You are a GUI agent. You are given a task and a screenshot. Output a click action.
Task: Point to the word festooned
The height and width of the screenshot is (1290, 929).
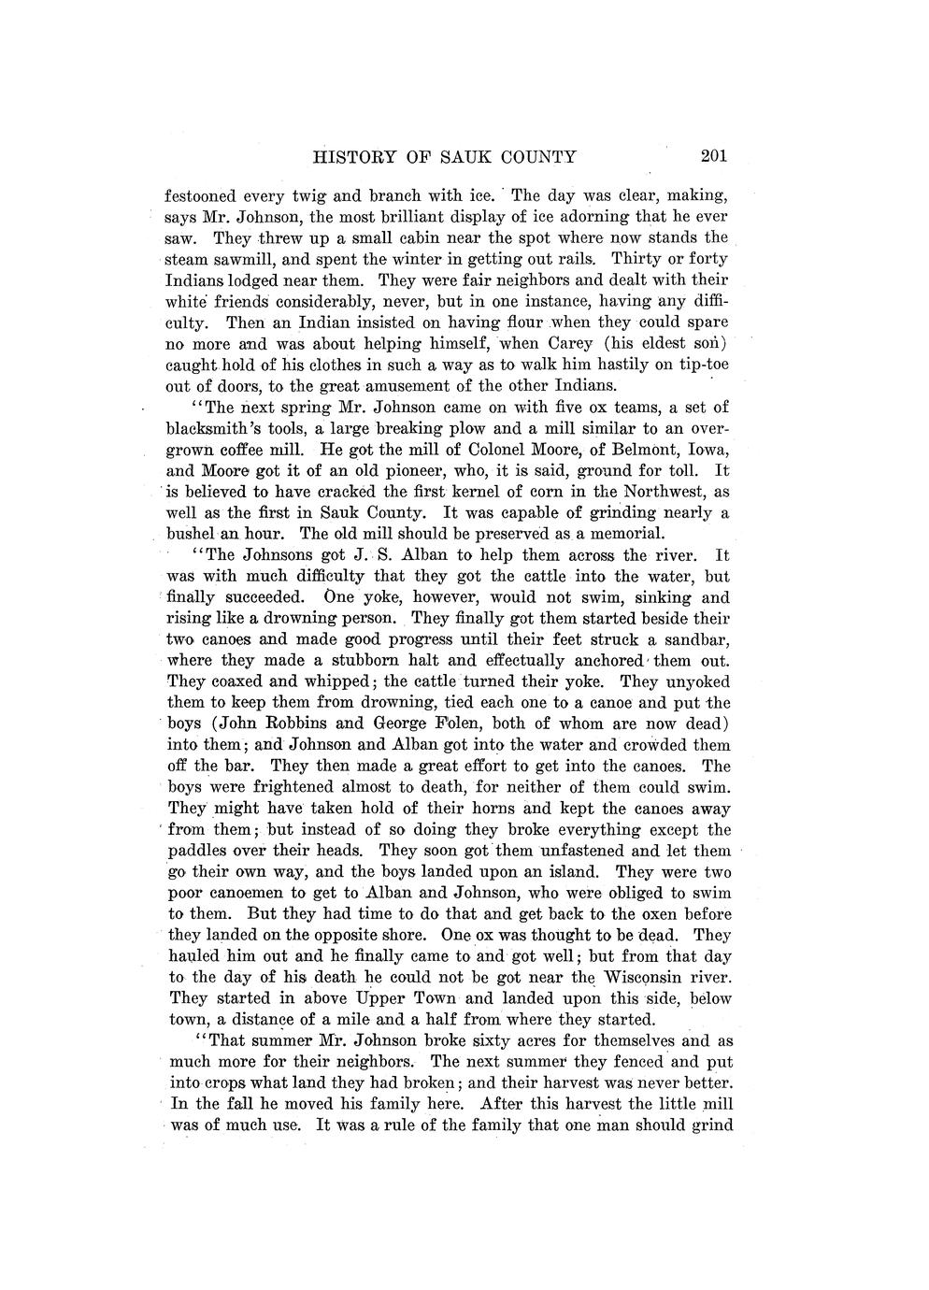click(200, 196)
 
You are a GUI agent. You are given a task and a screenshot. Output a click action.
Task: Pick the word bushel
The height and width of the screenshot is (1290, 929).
click(191, 534)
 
